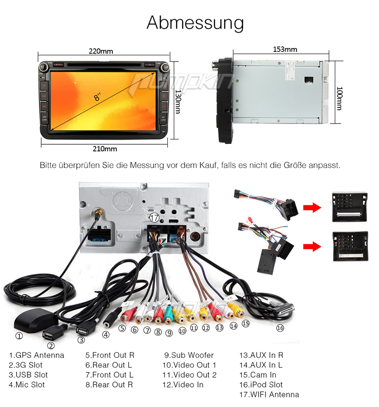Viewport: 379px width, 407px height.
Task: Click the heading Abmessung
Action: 195,23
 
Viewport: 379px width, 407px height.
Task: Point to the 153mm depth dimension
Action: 285,49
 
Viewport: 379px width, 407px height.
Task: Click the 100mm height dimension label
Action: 339,98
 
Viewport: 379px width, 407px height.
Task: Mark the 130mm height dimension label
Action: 178,102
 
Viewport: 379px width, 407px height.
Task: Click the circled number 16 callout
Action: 280,328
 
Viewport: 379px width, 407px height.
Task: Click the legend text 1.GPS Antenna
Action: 36,355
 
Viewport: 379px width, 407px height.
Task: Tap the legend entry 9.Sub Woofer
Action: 189,355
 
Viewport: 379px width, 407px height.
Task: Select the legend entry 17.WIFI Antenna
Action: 269,395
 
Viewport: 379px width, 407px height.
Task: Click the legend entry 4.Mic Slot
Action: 27,385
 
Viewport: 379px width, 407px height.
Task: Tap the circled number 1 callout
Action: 19,336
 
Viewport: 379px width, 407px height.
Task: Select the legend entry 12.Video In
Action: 183,385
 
